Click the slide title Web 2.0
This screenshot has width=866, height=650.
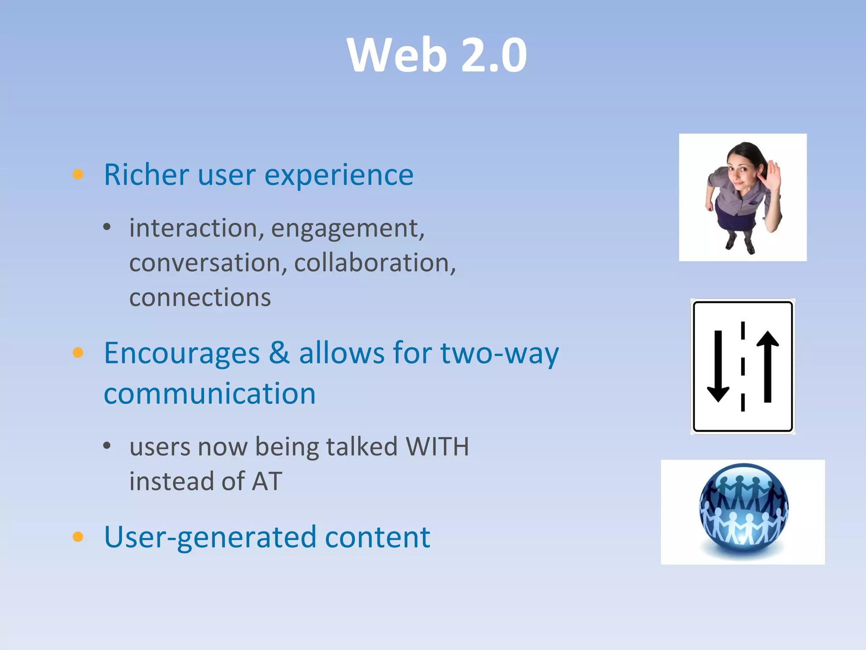(437, 55)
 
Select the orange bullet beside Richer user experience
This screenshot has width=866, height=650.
(78, 174)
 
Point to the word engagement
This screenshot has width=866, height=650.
(347, 229)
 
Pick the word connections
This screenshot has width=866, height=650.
(200, 297)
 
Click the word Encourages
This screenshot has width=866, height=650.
(182, 353)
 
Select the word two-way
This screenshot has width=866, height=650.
(499, 353)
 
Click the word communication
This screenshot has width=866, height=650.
(210, 394)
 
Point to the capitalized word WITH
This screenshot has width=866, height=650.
(437, 446)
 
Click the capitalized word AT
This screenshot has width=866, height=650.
(267, 481)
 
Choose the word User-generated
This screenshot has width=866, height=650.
(210, 537)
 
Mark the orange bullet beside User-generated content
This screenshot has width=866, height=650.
(78, 537)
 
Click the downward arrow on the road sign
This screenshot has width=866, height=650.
(718, 366)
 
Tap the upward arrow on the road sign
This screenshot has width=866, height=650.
(767, 366)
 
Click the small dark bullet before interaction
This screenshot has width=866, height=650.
(107, 227)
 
